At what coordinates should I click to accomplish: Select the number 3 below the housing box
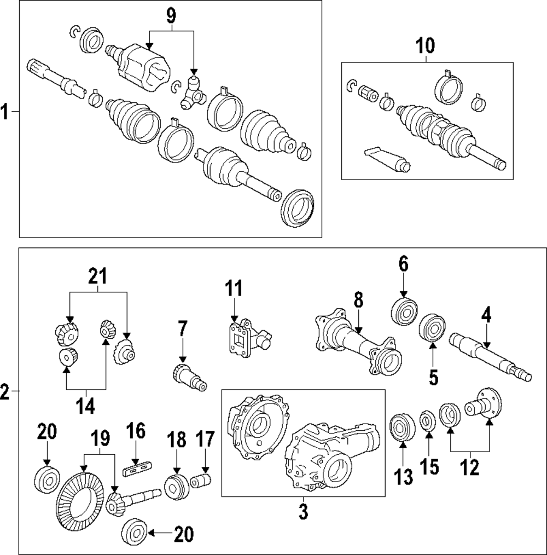pyautogui.click(x=303, y=512)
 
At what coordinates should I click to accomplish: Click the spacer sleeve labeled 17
pyautogui.click(x=202, y=483)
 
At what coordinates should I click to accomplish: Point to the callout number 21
pyautogui.click(x=98, y=277)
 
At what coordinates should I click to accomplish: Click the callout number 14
pyautogui.click(x=85, y=406)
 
